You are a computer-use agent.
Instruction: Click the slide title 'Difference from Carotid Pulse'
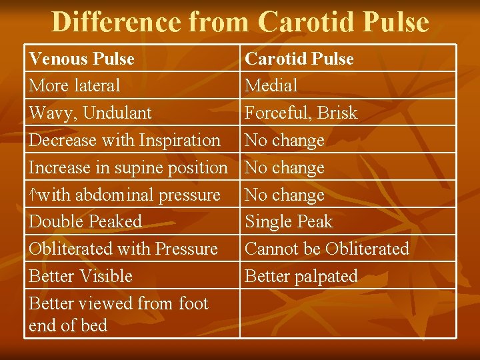pyautogui.click(x=240, y=21)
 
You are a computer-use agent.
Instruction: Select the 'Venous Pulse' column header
pyautogui.click(x=82, y=59)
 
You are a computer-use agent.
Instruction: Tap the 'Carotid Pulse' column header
pyautogui.click(x=299, y=59)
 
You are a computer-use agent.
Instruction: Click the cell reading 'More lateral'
pyautogui.click(x=75, y=85)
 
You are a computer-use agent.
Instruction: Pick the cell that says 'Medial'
pyautogui.click(x=271, y=85)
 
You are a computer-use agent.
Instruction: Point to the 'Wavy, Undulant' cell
pyautogui.click(x=91, y=113)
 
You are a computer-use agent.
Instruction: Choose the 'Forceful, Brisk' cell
pyautogui.click(x=301, y=113)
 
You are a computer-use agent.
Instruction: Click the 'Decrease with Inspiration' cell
pyautogui.click(x=125, y=140)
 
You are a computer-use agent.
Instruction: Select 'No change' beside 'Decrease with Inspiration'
pyautogui.click(x=285, y=140)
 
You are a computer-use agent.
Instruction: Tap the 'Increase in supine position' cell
pyautogui.click(x=129, y=167)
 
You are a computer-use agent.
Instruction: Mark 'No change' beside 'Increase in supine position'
pyautogui.click(x=285, y=167)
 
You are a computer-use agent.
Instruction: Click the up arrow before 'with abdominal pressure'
pyautogui.click(x=33, y=195)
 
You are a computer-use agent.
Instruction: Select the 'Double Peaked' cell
pyautogui.click(x=85, y=221)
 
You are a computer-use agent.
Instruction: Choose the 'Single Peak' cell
pyautogui.click(x=289, y=221)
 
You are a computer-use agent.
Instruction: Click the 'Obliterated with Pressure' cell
pyautogui.click(x=123, y=249)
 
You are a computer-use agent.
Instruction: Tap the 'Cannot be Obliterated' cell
pyautogui.click(x=327, y=249)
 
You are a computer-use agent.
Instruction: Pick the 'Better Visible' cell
pyautogui.click(x=81, y=276)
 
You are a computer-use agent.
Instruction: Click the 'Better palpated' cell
pyautogui.click(x=301, y=276)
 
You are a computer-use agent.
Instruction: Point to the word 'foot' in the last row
pyautogui.click(x=193, y=303)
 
